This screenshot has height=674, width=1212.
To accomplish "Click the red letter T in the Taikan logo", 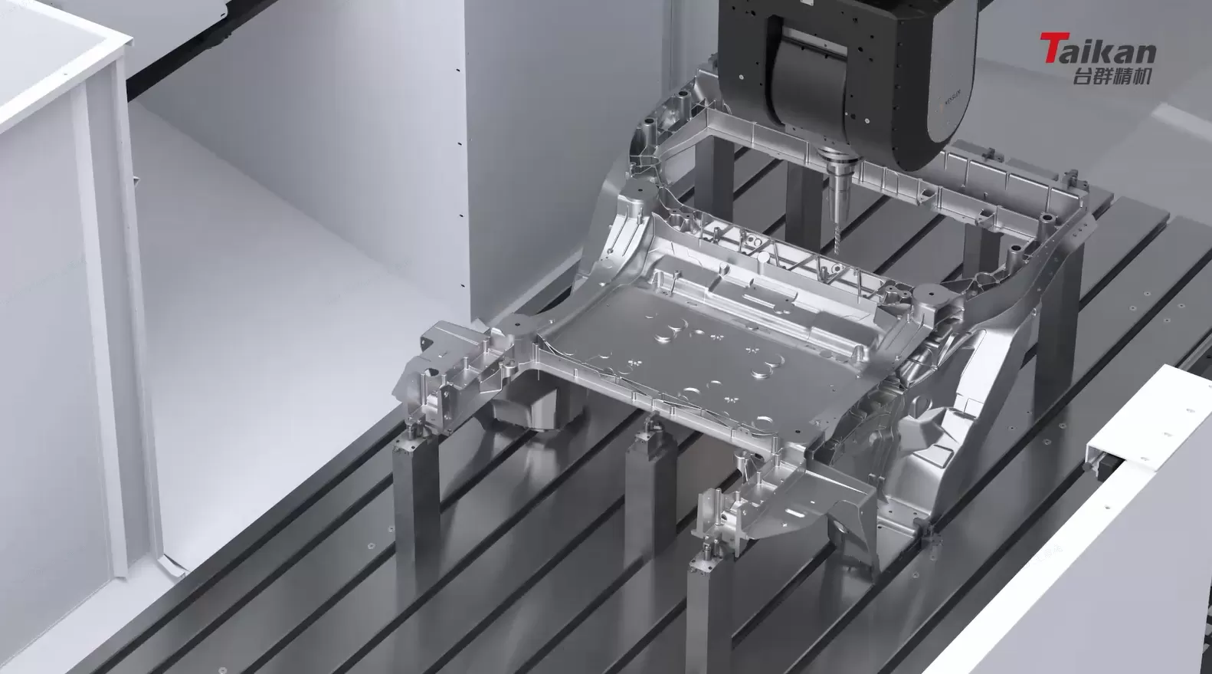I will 1051,50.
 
